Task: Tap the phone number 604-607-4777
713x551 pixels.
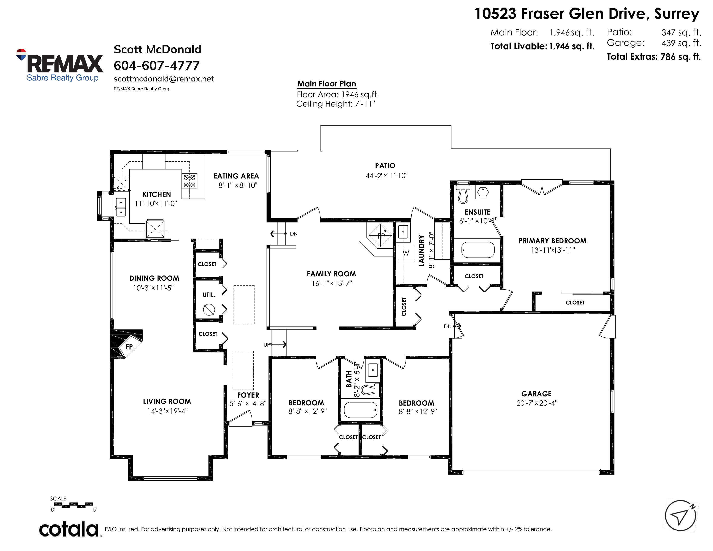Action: pos(156,66)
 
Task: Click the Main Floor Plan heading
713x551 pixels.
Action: pos(326,84)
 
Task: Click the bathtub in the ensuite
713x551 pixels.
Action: pos(478,250)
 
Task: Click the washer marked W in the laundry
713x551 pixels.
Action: pos(406,253)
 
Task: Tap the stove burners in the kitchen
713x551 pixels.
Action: pos(189,181)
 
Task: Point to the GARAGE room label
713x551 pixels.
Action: pos(536,394)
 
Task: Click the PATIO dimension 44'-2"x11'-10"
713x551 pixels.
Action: pos(387,176)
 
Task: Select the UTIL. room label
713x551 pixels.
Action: pos(209,295)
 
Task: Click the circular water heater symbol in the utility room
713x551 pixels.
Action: pos(209,309)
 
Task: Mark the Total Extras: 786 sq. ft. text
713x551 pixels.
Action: pos(654,57)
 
